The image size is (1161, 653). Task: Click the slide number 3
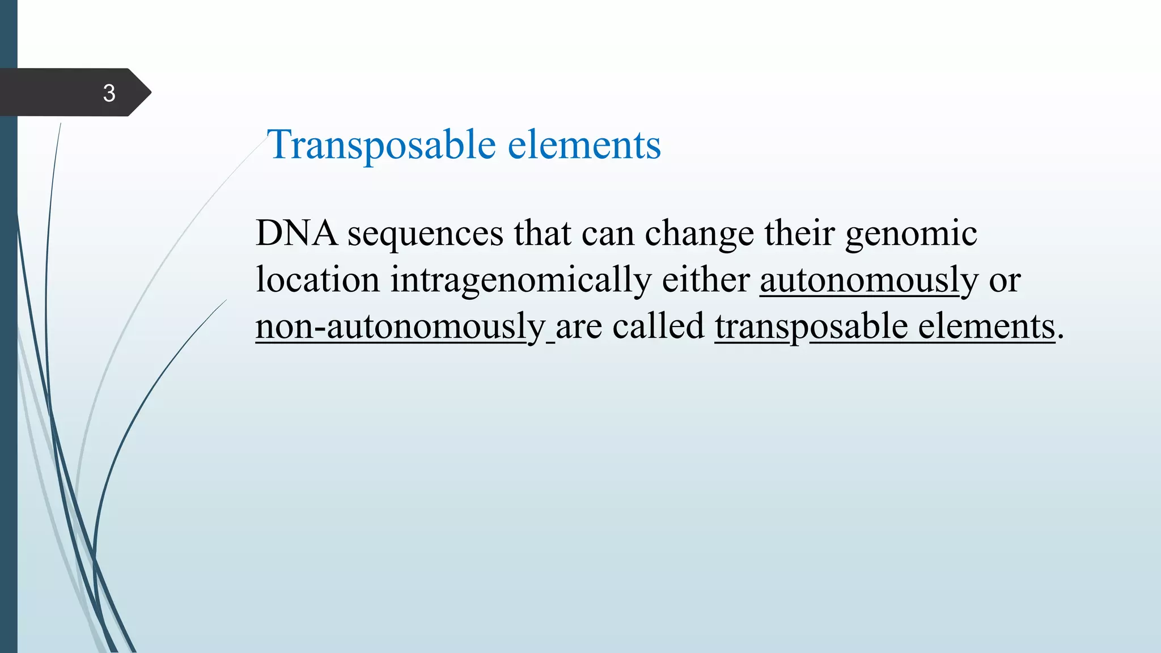click(x=109, y=93)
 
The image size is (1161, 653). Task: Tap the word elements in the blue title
click(x=584, y=145)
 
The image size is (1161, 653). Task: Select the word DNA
click(x=296, y=233)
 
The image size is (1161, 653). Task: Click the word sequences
click(x=425, y=234)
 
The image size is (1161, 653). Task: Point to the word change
click(x=700, y=234)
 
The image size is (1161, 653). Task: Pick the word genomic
click(x=911, y=234)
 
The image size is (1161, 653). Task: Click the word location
click(x=317, y=280)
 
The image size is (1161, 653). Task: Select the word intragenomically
click(x=520, y=281)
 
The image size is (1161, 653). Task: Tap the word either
click(x=706, y=280)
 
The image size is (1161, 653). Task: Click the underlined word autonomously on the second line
click(x=868, y=281)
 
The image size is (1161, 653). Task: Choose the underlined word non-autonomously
click(x=400, y=328)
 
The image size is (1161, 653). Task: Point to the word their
click(x=799, y=233)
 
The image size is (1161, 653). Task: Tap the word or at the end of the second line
click(x=1005, y=281)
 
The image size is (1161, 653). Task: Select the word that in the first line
click(x=542, y=233)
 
